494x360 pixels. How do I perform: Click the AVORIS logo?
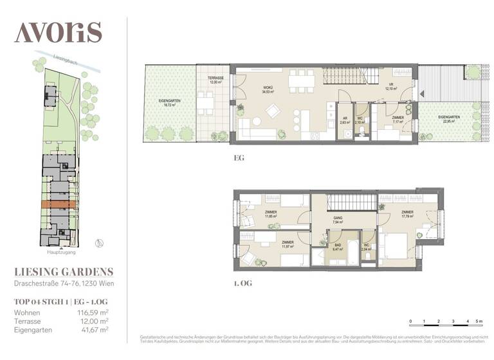click(x=58, y=32)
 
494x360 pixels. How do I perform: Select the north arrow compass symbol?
click(x=98, y=242)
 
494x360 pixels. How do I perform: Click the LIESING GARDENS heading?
click(x=64, y=271)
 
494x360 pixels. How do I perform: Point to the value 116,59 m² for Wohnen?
click(x=93, y=312)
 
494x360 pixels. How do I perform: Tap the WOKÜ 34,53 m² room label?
click(x=268, y=90)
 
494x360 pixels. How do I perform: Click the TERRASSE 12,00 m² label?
click(x=215, y=80)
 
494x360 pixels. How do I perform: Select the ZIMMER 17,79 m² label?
click(x=407, y=215)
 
